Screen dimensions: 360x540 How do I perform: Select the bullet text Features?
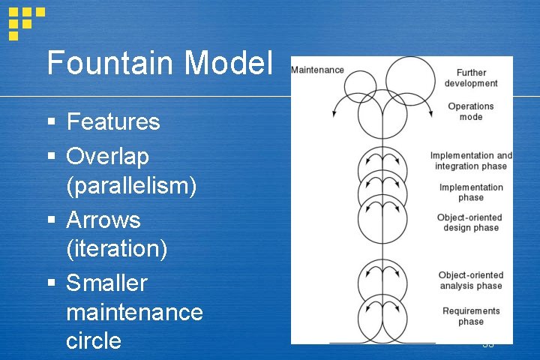pyautogui.click(x=113, y=121)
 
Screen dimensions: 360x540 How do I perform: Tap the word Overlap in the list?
pyautogui.click(x=107, y=156)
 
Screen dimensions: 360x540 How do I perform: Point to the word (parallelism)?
pyautogui.click(x=131, y=184)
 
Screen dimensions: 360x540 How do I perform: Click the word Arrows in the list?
pyautogui.click(x=103, y=220)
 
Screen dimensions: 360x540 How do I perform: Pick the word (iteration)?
pyautogui.click(x=116, y=248)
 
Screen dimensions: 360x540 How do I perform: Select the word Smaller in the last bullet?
pyautogui.click(x=106, y=283)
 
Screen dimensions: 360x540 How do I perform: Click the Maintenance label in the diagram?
pyautogui.click(x=317, y=70)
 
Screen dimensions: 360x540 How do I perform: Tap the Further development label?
pyautogui.click(x=471, y=78)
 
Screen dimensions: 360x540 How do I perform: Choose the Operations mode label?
pyautogui.click(x=471, y=112)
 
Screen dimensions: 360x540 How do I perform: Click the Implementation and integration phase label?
pyautogui.click(x=471, y=160)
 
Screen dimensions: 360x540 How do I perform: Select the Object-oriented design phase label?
pyautogui.click(x=471, y=223)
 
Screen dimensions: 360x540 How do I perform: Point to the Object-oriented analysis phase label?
pyautogui.click(x=471, y=280)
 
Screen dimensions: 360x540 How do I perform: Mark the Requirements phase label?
pyautogui.click(x=471, y=316)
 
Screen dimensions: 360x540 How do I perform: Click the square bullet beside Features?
pyautogui.click(x=51, y=122)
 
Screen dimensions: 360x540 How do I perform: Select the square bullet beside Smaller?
pyautogui.click(x=51, y=284)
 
